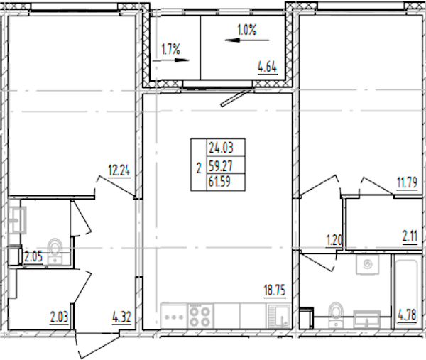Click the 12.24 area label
119,170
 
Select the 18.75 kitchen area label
275,290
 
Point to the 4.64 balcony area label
268,67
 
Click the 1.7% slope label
170,50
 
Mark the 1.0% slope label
247,30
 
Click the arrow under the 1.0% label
247,40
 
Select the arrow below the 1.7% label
171,60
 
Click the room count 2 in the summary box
199,168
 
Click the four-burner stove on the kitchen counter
200,316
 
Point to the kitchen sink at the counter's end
279,316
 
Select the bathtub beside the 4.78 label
406,292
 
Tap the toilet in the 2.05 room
55,251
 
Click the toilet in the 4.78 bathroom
337,315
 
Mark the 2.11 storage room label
410,236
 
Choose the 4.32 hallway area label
121,317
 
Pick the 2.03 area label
59,317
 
